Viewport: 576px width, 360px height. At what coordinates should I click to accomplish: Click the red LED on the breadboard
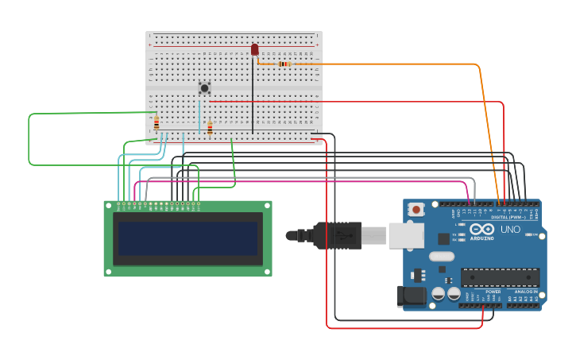tap(254, 50)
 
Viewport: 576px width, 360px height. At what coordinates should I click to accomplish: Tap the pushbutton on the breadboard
tap(204, 87)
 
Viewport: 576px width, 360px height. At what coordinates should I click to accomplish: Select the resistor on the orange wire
tap(284, 64)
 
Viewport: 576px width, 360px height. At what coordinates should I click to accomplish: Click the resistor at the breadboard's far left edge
tap(157, 123)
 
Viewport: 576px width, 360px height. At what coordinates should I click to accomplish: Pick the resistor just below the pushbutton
tap(210, 128)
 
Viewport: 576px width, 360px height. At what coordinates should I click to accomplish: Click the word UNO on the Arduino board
tap(510, 230)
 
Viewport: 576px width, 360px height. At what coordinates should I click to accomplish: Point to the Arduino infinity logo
tap(481, 229)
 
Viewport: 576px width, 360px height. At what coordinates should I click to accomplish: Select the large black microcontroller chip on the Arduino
tap(500, 277)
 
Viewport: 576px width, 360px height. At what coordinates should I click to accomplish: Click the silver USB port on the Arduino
tap(405, 235)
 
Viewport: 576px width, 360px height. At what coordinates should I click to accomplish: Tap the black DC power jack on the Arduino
tap(411, 296)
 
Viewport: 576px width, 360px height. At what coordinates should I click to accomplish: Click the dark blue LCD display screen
tap(187, 238)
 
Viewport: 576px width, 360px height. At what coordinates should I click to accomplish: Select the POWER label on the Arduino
tap(493, 292)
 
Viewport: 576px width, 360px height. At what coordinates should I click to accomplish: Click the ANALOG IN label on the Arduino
tap(525, 292)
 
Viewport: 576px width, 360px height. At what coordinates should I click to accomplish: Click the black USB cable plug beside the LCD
tap(338, 235)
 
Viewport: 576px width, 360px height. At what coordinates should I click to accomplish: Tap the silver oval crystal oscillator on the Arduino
tap(442, 257)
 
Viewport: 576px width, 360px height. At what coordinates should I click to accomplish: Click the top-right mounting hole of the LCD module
tap(268, 205)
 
